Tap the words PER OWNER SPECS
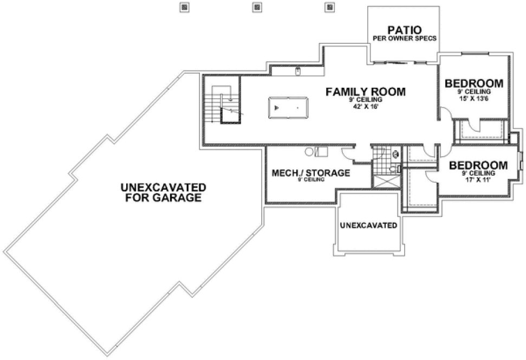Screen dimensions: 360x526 tap(405, 38)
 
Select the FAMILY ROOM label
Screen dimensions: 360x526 tap(365, 92)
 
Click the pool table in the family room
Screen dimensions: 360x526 tap(288, 107)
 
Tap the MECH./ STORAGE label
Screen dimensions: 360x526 tap(310, 173)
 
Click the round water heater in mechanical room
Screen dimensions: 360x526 tap(308, 152)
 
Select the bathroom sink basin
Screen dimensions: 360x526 tap(398, 169)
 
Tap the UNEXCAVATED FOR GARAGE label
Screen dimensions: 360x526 tap(163, 192)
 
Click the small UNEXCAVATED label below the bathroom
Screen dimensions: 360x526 tap(368, 224)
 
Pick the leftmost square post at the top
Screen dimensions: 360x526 tap(184, 8)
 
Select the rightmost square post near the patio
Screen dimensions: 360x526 tap(328, 8)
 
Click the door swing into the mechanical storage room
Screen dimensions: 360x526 tap(347, 156)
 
